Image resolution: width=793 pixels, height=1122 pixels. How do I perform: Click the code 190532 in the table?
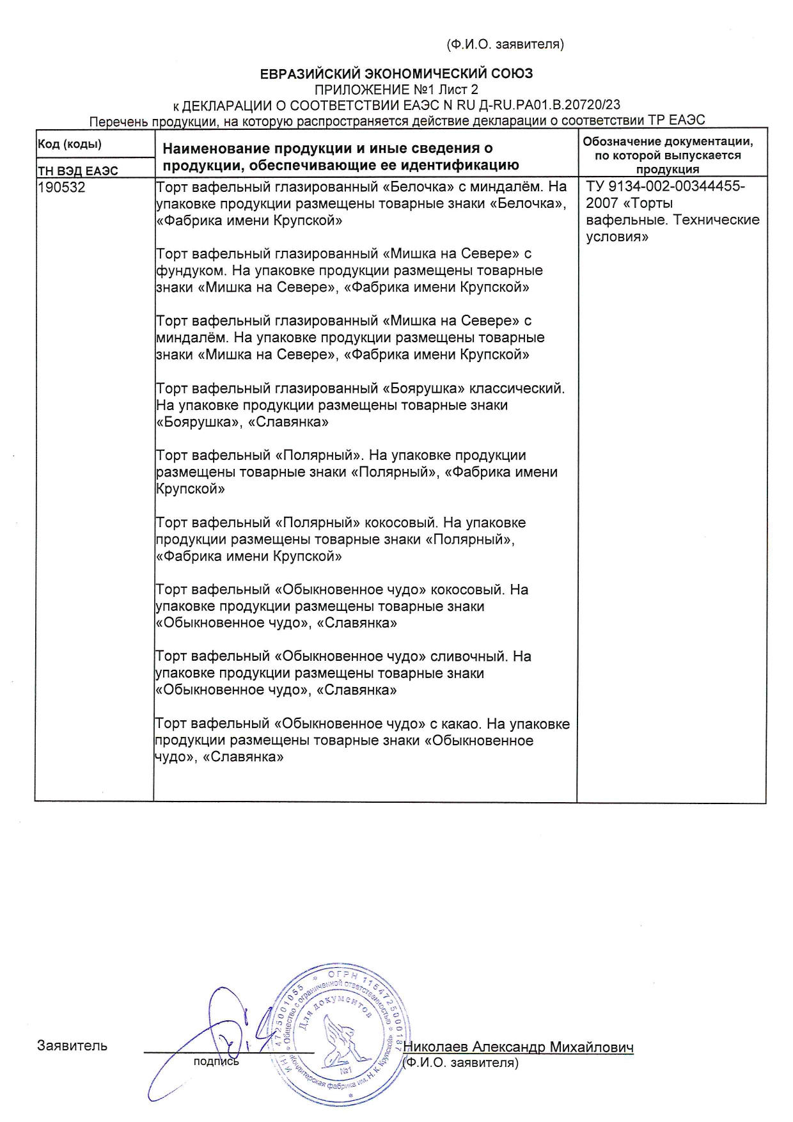(61, 187)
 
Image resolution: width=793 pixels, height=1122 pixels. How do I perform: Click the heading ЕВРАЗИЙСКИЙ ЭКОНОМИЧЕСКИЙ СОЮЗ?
(396, 74)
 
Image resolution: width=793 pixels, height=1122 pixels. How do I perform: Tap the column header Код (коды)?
(70, 144)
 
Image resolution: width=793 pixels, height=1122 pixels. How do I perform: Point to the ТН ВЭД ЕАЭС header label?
(77, 171)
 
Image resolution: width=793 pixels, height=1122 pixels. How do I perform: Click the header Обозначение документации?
(668, 141)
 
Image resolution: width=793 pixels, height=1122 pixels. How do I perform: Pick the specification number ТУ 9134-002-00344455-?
(665, 187)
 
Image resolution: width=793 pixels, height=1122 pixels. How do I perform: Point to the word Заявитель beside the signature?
(72, 1046)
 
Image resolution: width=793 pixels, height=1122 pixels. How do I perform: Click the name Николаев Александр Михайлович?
(519, 1047)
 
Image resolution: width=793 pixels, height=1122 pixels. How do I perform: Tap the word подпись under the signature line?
(216, 1062)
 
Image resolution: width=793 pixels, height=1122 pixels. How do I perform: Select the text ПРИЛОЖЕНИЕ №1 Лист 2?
(396, 90)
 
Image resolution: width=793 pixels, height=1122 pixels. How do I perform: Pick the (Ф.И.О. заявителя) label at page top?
(505, 44)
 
